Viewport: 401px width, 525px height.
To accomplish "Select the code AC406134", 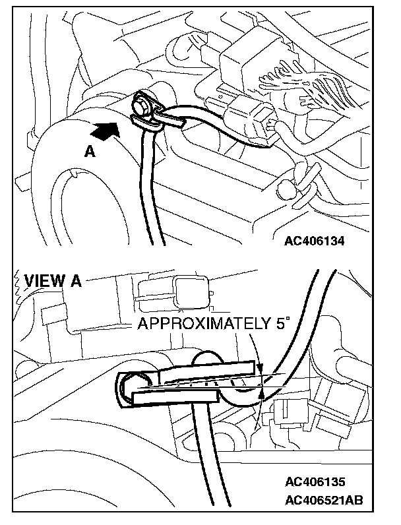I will point(314,240).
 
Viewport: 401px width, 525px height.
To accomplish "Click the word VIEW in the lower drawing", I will point(44,281).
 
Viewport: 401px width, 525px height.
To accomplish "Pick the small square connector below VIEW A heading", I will point(192,292).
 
